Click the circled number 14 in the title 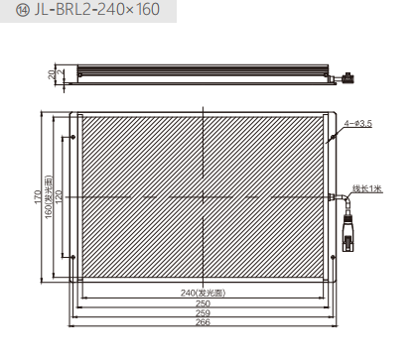(23, 10)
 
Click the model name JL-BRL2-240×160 (97, 10)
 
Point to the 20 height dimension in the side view (52, 74)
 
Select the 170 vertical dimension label (38, 197)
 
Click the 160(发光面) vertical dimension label (49, 197)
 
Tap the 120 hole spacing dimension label (59, 197)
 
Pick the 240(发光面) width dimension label (203, 293)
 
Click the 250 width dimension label (203, 303)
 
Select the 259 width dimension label (203, 312)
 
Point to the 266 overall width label (203, 322)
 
